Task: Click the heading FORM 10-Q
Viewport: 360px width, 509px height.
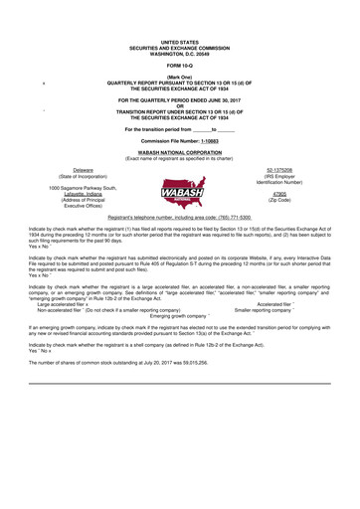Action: pyautogui.click(x=179, y=66)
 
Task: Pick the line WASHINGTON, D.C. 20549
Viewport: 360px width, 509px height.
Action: pyautogui.click(x=179, y=52)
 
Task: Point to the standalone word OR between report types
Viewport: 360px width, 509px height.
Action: pyautogui.click(x=179, y=105)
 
